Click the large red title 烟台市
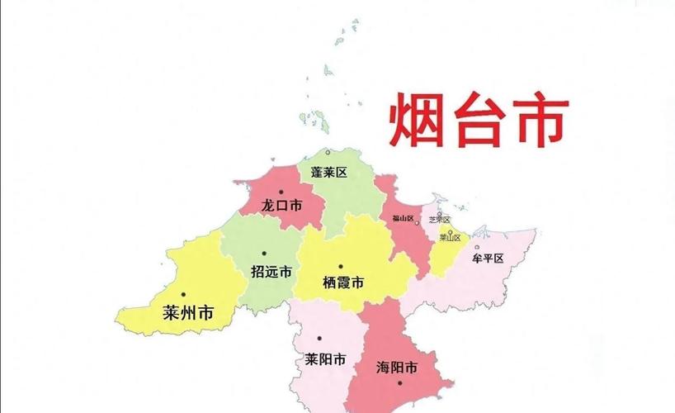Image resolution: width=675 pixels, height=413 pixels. pyautogui.click(x=479, y=121)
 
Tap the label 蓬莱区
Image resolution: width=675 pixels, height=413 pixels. pyautogui.click(x=328, y=173)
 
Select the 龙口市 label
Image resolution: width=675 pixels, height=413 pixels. pyautogui.click(x=281, y=205)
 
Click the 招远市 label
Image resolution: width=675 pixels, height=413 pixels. pyautogui.click(x=271, y=271)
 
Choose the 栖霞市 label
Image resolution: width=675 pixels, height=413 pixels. pyautogui.click(x=344, y=282)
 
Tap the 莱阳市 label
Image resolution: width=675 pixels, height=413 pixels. pyautogui.click(x=325, y=360)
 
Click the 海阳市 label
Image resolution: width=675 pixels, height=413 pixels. pyautogui.click(x=395, y=366)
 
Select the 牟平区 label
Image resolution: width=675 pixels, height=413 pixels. pyautogui.click(x=488, y=258)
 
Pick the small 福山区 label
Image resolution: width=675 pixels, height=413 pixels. pyautogui.click(x=403, y=218)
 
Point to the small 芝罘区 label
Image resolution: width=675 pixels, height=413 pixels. pyautogui.click(x=439, y=220)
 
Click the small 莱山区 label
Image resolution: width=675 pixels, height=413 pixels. pyautogui.click(x=450, y=237)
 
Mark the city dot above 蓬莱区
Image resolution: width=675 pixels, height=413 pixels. pyautogui.click(x=328, y=153)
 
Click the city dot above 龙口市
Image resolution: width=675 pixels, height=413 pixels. pyautogui.click(x=281, y=192)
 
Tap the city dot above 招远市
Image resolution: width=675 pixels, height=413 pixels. pyautogui.click(x=264, y=253)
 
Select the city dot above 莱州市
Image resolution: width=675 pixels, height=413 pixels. pyautogui.click(x=183, y=295)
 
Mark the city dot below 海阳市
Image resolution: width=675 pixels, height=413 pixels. pyautogui.click(x=399, y=382)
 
